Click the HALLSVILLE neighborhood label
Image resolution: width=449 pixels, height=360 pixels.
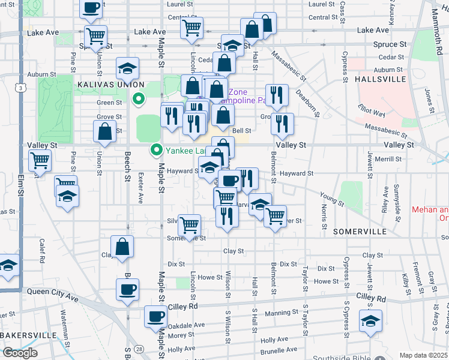pyautogui.click(x=377, y=79)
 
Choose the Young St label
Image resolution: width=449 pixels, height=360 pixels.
pyautogui.click(x=332, y=200)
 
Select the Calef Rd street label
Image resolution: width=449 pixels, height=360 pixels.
pyautogui.click(x=42, y=251)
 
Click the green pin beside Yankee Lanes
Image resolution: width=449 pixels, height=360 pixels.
pyautogui.click(x=157, y=150)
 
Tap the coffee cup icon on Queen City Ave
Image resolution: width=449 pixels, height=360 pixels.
pyautogui.click(x=127, y=289)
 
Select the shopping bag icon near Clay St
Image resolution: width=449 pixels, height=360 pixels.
pyautogui.click(x=122, y=246)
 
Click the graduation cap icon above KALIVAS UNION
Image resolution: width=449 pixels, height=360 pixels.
pyautogui.click(x=127, y=68)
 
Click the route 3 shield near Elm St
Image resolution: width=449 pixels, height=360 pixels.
pyautogui.click(x=21, y=88)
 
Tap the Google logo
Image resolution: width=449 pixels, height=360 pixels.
pyautogui.click(x=20, y=353)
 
